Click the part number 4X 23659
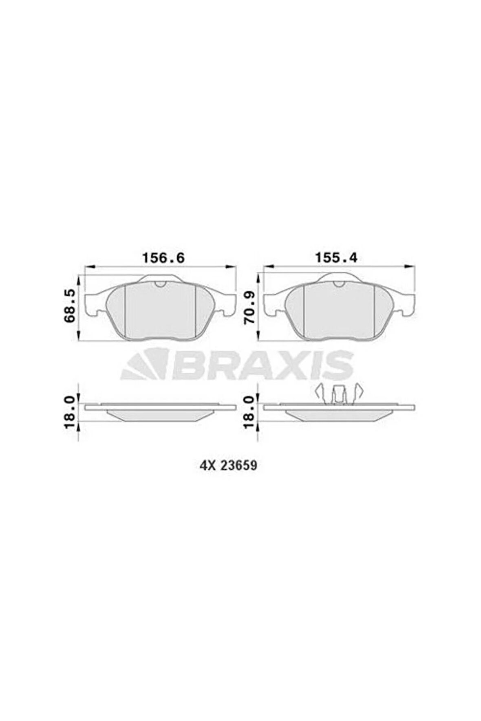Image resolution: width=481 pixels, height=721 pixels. (x=228, y=466)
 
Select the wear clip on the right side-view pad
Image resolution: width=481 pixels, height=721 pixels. (x=338, y=395)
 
